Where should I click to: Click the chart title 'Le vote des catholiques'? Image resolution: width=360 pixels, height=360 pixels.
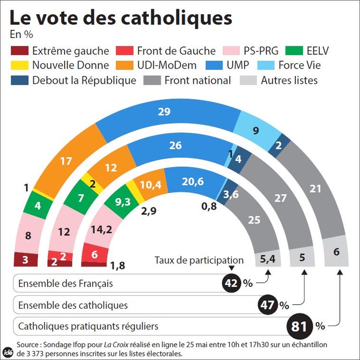(x=121, y=18)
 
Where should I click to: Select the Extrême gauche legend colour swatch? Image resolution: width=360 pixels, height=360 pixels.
(x=19, y=51)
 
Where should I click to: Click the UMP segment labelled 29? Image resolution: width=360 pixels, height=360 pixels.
(x=164, y=112)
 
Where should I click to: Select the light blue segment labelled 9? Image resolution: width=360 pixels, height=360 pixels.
(x=255, y=131)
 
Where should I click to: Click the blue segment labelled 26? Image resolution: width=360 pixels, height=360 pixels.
(x=175, y=146)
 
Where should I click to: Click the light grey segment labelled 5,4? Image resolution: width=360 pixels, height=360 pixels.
(x=267, y=258)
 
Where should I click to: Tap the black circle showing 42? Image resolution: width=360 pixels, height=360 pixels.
(x=232, y=283)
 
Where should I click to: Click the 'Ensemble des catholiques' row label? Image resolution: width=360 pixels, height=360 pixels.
(x=72, y=305)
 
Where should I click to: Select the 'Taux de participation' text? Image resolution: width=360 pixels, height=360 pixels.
(x=199, y=260)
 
